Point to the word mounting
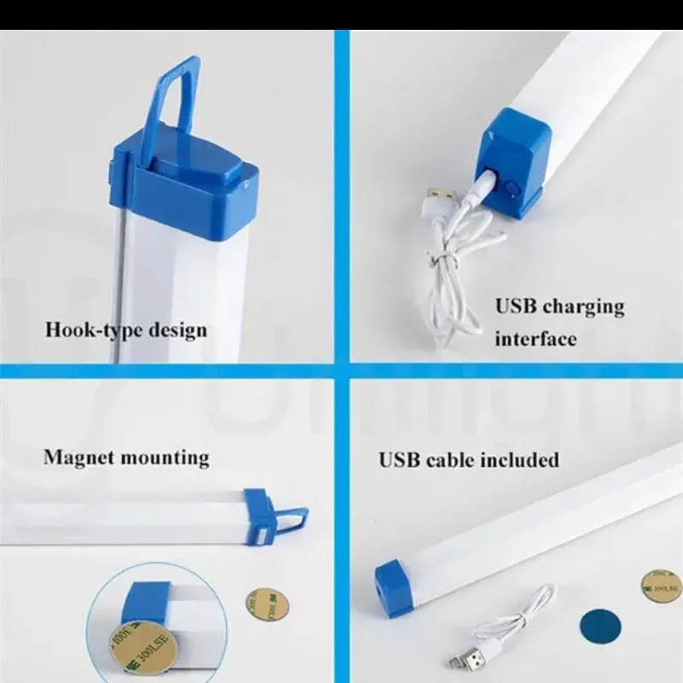point(164,458)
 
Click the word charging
point(583,306)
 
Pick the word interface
point(535,338)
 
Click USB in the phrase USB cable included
point(400,460)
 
